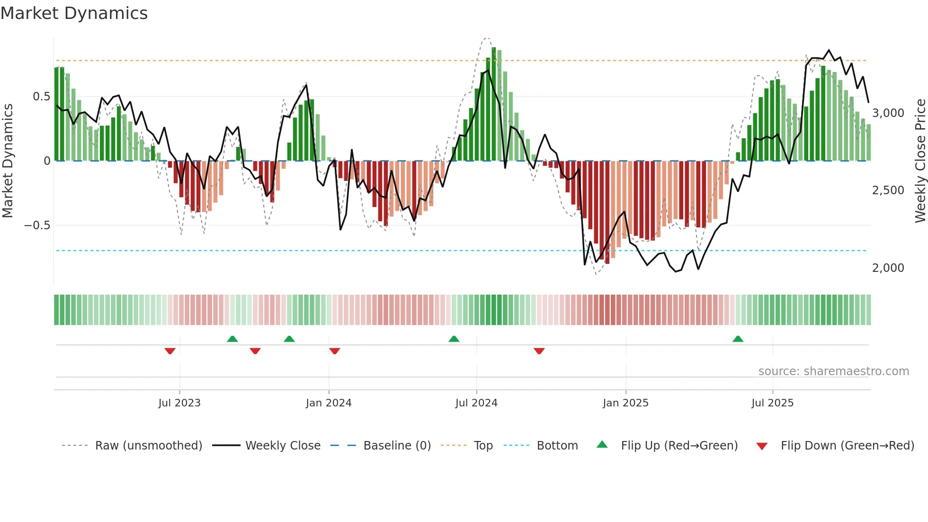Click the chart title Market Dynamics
point(74,13)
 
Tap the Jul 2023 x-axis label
point(179,403)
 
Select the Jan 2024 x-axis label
point(329,403)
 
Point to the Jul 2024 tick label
point(476,403)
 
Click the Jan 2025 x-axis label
point(625,403)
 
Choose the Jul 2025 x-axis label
point(772,403)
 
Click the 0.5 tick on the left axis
point(41,97)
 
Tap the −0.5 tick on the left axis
point(37,225)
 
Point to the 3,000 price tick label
point(888,113)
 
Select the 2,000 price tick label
point(888,268)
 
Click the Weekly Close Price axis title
point(920,161)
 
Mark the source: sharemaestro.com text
point(833,371)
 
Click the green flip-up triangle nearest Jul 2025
point(738,339)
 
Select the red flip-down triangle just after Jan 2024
point(335,351)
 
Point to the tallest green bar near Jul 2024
point(494,104)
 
